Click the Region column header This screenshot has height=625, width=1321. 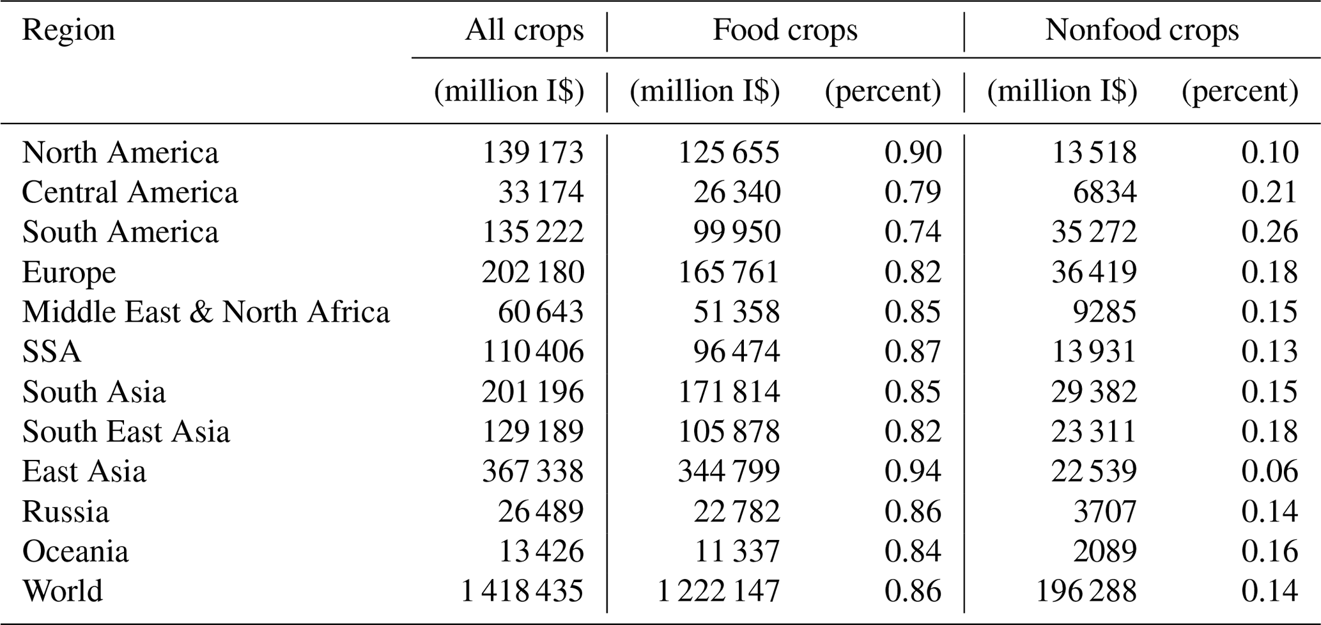[x=68, y=30]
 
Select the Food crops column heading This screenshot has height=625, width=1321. [x=785, y=30]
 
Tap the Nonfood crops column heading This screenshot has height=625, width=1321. [x=1141, y=30]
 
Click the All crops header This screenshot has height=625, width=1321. [x=524, y=30]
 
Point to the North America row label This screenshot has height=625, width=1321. [x=120, y=153]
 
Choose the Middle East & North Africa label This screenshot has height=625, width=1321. [x=206, y=312]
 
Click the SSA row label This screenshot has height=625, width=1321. [x=52, y=352]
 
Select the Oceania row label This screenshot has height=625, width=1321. [x=75, y=551]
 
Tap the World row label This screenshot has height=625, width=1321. [x=63, y=591]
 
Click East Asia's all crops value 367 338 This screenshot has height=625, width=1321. [x=532, y=471]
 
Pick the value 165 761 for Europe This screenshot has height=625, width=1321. [x=729, y=273]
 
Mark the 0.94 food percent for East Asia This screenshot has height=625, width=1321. [x=913, y=471]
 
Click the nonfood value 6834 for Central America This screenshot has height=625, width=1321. [x=1104, y=193]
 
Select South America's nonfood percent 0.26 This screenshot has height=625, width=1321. [x=1269, y=232]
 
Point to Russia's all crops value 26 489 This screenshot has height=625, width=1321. [x=541, y=512]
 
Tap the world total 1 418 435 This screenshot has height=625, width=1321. [x=521, y=591]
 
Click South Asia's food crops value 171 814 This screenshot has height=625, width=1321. [x=729, y=392]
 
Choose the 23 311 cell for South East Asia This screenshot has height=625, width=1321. [x=1094, y=432]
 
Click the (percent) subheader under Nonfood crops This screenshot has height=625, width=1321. [x=1240, y=91]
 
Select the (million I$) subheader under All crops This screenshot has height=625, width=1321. [x=509, y=91]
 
